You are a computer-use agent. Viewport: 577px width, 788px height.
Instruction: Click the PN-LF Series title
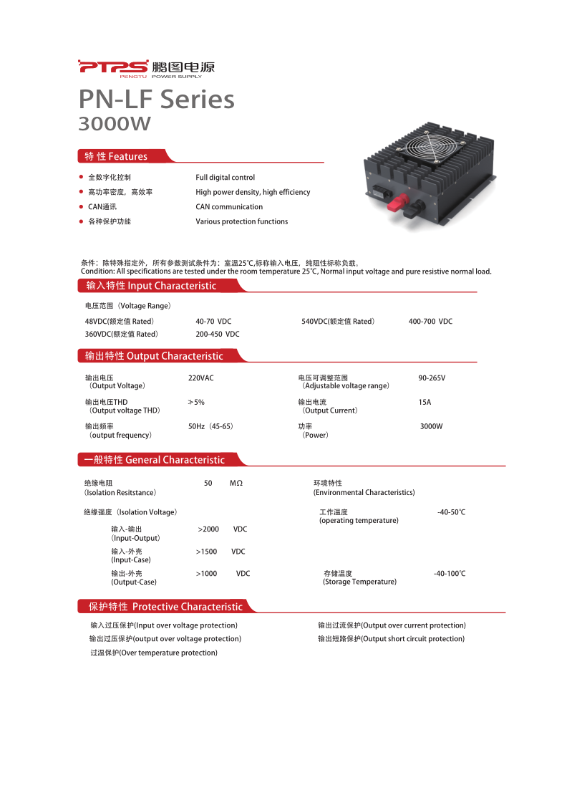click(x=156, y=99)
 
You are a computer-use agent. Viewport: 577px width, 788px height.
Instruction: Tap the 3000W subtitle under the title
click(x=115, y=124)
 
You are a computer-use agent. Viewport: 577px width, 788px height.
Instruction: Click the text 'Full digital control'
click(x=225, y=177)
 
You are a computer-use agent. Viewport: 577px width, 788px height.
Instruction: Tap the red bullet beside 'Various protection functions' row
click(x=81, y=221)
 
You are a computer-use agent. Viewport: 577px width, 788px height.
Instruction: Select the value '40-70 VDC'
click(x=213, y=322)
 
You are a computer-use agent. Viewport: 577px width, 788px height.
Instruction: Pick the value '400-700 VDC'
click(x=430, y=322)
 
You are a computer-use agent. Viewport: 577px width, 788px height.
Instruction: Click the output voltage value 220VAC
click(x=200, y=378)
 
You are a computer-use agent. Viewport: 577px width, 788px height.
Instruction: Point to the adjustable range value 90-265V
click(x=436, y=378)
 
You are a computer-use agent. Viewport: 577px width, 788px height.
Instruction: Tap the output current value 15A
click(x=425, y=402)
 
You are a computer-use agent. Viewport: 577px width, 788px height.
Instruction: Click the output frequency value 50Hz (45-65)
click(x=210, y=426)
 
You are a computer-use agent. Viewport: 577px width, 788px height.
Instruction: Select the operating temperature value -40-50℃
click(x=451, y=512)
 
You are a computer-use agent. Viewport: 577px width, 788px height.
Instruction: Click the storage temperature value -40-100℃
click(x=450, y=574)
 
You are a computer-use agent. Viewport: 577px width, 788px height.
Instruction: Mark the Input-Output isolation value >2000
click(x=208, y=529)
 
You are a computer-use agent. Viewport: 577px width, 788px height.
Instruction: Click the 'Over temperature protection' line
click(x=154, y=653)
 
